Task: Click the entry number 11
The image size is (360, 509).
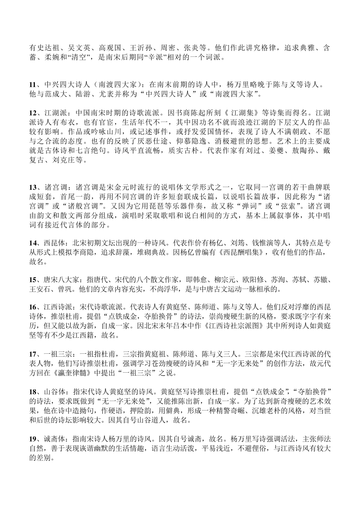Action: tap(33, 84)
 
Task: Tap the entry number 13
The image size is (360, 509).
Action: tap(33, 187)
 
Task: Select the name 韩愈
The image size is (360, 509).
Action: tap(195, 280)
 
